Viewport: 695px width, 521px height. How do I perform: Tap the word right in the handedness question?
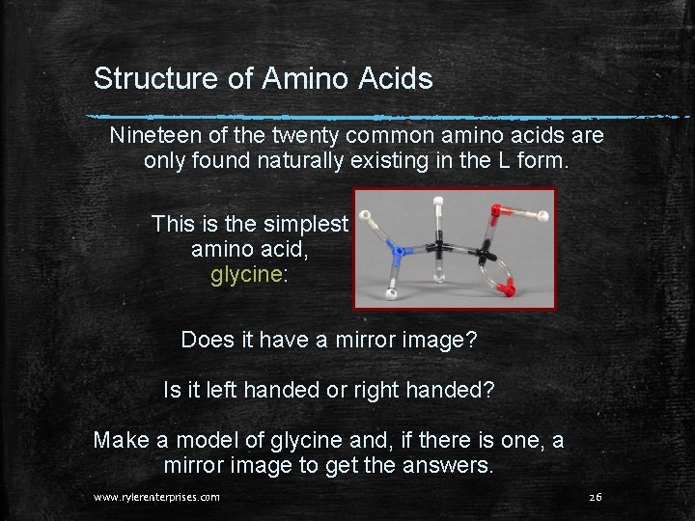382,390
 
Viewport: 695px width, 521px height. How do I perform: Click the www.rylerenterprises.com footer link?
156,497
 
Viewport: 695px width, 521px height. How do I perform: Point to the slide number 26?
595,497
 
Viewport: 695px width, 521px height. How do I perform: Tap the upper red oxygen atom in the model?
496,209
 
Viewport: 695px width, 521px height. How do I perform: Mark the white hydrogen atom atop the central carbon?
438,204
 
